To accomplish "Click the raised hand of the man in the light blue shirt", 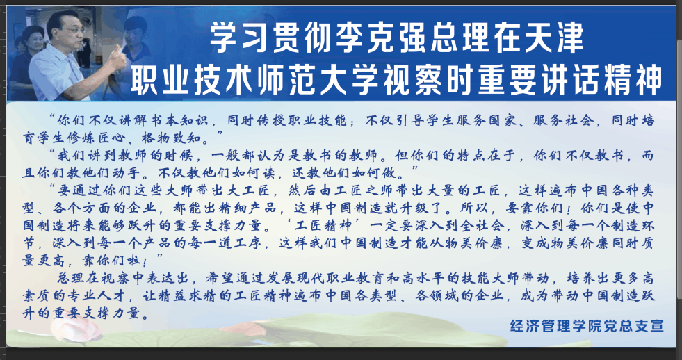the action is [x=117, y=58].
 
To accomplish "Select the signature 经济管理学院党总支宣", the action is [x=587, y=326].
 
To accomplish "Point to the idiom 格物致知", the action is [x=172, y=139].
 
